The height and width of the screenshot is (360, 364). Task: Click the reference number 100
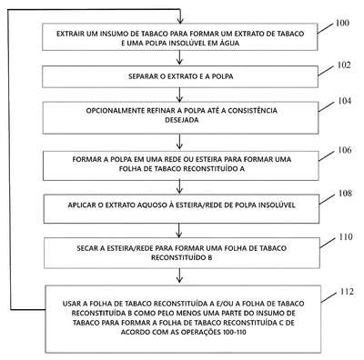click(x=342, y=23)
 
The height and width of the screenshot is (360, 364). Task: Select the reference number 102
click(x=344, y=65)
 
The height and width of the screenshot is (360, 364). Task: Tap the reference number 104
click(x=345, y=101)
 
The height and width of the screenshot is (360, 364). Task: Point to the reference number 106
click(x=345, y=150)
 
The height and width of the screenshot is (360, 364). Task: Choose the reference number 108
click(x=345, y=194)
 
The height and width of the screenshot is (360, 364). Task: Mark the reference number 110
click(x=346, y=236)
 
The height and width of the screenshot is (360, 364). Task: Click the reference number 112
click(x=347, y=292)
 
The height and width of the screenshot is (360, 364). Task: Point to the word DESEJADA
click(x=182, y=120)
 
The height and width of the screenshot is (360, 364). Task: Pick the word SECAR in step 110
click(x=86, y=248)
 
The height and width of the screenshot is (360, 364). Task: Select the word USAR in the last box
click(x=72, y=304)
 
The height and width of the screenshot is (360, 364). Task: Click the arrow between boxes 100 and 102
click(x=180, y=57)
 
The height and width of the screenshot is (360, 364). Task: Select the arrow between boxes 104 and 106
click(x=180, y=142)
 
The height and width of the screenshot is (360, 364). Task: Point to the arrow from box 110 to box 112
click(x=179, y=275)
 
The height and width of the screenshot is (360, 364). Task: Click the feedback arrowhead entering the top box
click(x=180, y=21)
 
